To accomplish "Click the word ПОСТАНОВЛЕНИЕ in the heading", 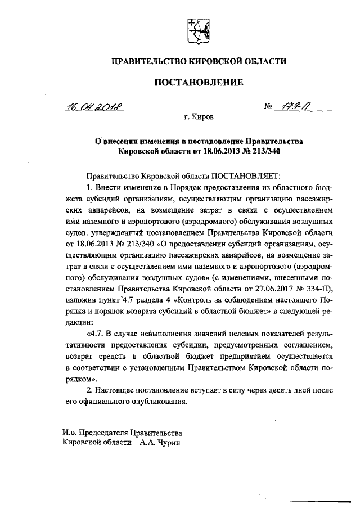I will tap(199, 82).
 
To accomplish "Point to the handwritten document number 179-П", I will tap(292, 107).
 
